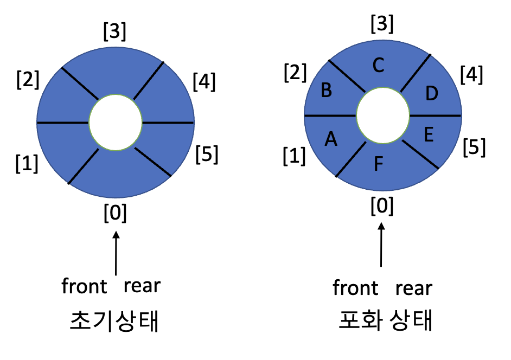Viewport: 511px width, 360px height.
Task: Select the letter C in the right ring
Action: (379, 65)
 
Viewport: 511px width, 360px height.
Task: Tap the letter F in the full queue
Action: (379, 164)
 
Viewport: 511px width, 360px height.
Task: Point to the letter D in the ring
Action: (431, 93)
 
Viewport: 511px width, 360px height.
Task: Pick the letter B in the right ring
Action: (327, 91)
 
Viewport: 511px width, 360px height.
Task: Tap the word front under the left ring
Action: (84, 286)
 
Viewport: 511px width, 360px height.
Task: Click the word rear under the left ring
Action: (142, 285)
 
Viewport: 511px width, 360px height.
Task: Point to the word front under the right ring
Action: (355, 288)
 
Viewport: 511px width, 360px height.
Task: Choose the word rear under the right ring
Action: (413, 288)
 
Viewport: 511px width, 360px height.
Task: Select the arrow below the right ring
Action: (382, 247)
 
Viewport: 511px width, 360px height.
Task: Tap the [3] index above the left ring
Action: (115, 33)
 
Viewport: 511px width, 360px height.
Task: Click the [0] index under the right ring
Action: (382, 206)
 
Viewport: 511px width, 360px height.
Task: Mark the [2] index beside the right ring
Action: (295, 72)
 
